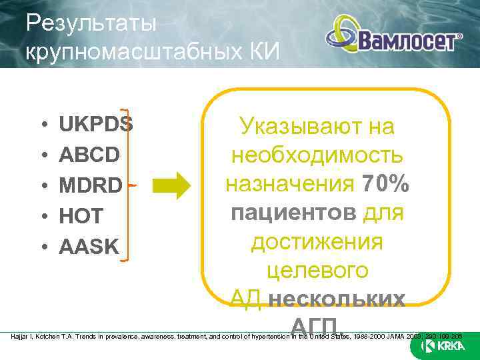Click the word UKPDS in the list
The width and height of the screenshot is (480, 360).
point(96,125)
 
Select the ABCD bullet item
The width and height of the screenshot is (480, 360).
point(89,155)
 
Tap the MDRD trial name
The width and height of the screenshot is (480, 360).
point(91,185)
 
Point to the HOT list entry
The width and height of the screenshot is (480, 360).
point(81,216)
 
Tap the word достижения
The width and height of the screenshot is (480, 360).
point(317,242)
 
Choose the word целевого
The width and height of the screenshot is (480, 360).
point(317,271)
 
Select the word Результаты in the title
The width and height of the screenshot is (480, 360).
point(91,24)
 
